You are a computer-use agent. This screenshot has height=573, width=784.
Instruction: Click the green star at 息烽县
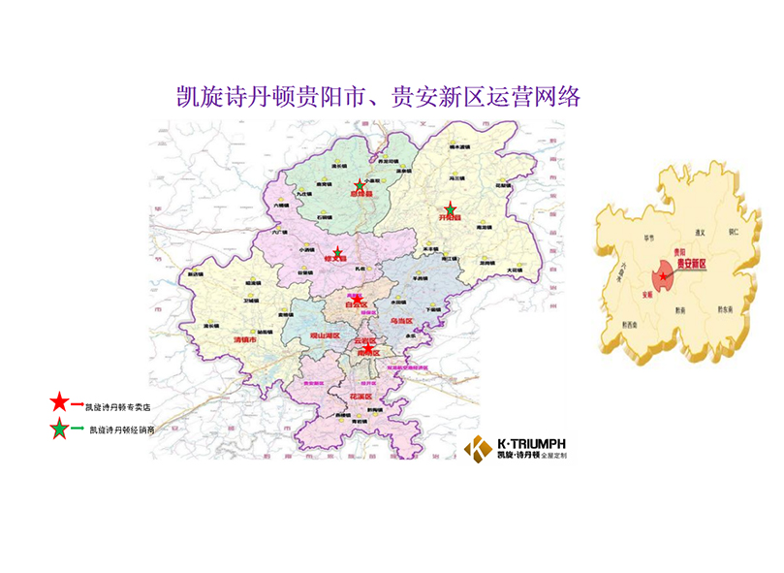click(x=360, y=185)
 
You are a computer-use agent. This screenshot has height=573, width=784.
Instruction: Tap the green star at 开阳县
click(x=450, y=209)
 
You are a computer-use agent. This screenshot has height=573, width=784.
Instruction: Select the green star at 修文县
click(x=337, y=253)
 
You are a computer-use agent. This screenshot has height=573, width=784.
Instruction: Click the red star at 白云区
click(x=358, y=298)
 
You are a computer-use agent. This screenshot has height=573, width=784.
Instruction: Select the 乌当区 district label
click(x=400, y=320)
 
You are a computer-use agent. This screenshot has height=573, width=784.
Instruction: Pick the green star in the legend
click(x=59, y=428)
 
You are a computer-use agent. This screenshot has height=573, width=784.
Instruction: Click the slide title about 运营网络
click(x=378, y=96)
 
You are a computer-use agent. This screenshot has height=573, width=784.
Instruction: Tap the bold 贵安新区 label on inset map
click(x=690, y=263)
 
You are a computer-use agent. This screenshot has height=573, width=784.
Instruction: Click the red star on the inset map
click(x=663, y=277)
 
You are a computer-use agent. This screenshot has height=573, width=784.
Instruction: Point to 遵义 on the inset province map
click(x=694, y=233)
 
